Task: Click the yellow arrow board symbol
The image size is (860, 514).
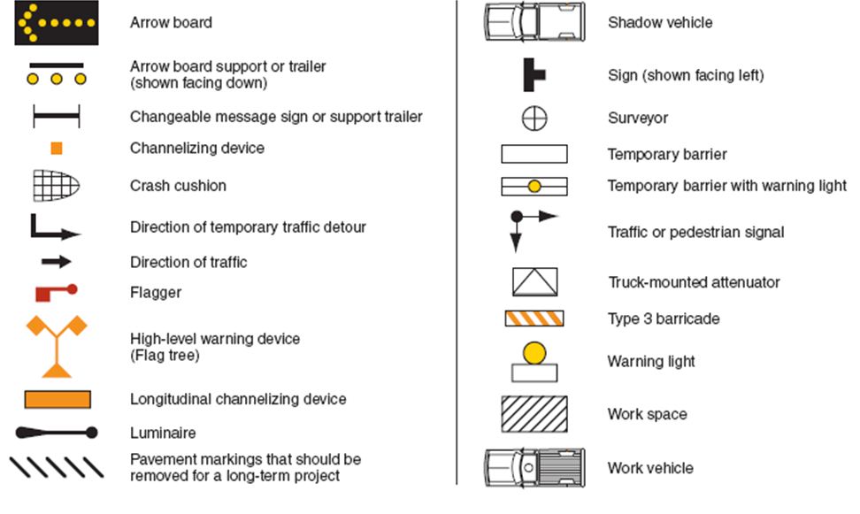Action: coord(57,22)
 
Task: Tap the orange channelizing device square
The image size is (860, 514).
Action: coord(57,149)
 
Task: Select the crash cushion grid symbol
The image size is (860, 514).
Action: coord(57,186)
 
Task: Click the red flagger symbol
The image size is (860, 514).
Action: coord(56,291)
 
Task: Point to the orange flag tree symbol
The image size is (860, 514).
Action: coord(57,345)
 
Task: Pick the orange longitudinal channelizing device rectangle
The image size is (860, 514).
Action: coord(57,399)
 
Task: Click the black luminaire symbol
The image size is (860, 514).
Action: coord(57,433)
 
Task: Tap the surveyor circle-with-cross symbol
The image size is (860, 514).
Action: coord(534,118)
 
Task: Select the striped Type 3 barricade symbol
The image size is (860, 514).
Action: coord(534,318)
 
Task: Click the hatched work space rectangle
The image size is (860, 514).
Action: coord(534,414)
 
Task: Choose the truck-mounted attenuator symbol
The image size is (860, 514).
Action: coord(534,281)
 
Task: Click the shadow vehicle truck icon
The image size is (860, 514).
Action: coord(534,22)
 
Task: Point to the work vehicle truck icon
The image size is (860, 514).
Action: coord(534,467)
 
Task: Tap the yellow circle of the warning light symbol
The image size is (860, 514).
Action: coord(534,353)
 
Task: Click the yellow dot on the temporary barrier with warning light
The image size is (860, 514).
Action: coord(534,187)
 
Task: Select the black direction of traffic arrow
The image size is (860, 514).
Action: coord(57,262)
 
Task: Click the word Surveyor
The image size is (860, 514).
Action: coord(638,118)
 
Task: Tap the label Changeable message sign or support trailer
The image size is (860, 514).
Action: coord(276,117)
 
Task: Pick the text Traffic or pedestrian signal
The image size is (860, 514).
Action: coord(695,233)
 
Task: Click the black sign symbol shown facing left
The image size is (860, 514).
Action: coord(534,75)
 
